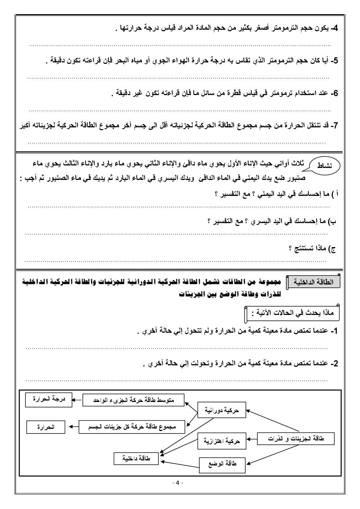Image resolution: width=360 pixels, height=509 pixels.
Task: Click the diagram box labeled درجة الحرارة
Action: coord(49,399)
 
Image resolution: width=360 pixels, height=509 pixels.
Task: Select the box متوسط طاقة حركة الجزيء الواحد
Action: coord(134,400)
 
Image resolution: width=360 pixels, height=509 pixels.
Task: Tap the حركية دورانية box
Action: coord(221,410)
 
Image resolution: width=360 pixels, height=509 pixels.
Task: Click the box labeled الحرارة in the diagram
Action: coord(46,427)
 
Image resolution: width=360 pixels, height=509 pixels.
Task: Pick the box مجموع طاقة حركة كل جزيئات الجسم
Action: coord(132,427)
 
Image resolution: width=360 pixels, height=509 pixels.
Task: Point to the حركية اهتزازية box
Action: coord(221,442)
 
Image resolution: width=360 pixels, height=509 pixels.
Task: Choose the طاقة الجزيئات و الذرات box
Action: coord(295,439)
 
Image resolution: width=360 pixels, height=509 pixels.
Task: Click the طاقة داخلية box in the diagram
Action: coord(136,459)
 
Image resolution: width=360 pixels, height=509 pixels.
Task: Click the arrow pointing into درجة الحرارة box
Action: coord(77,400)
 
